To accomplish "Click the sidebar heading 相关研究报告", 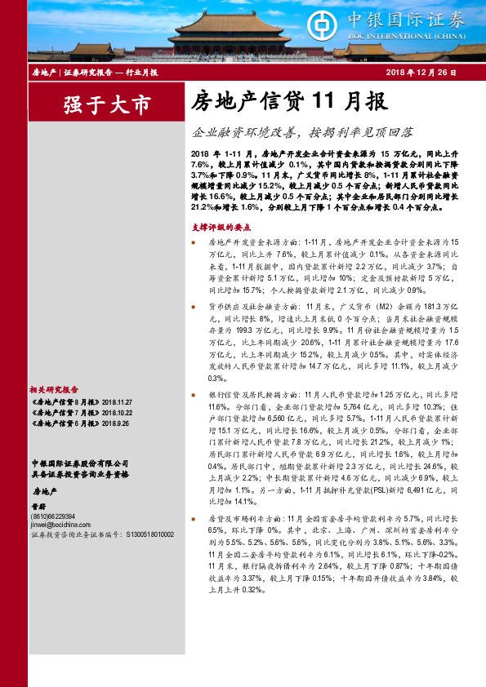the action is [53, 390].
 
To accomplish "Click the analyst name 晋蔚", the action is [39, 506].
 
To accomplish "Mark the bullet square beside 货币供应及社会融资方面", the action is [194, 307].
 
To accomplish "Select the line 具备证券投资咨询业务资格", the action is [73, 472].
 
